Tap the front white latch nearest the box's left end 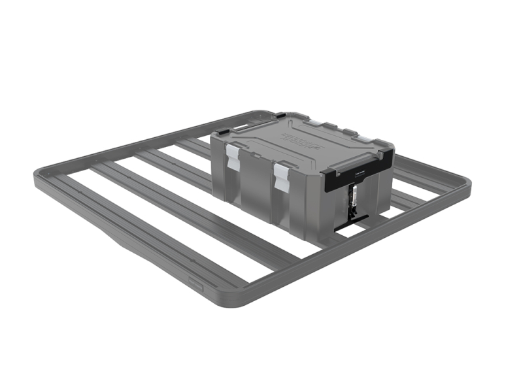[x=233, y=157]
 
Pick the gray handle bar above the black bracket [x=358, y=157]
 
